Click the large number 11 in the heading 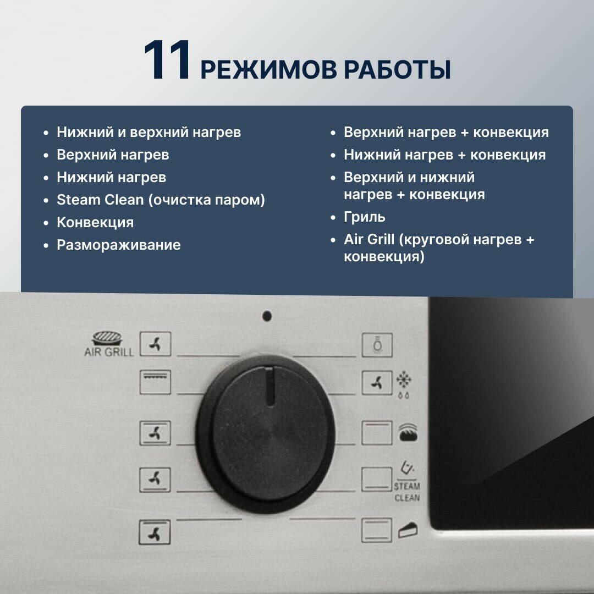coord(166,60)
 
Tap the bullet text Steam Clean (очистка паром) coord(161,200)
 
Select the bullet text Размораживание coord(119,245)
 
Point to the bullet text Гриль coord(365,217)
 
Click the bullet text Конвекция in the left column coord(95,222)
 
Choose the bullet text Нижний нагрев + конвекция coord(445,155)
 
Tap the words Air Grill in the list coord(369,239)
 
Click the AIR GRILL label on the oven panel coord(109,352)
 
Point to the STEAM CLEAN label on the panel coord(407,492)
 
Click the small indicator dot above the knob coord(267,316)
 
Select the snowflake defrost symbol coord(404,380)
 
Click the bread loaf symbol coord(408,433)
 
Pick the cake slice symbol coord(408,530)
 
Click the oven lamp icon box coord(377,345)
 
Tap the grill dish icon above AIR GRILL coord(108,338)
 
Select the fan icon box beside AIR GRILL coord(155,344)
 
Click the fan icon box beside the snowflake coord(377,383)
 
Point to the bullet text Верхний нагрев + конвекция coord(446,132)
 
